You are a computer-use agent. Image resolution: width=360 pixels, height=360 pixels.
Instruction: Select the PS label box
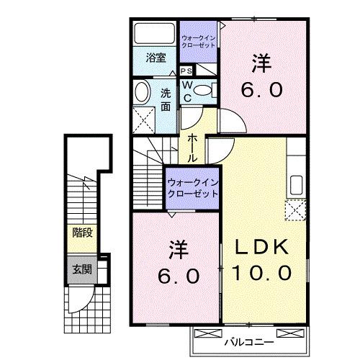(x=186, y=71)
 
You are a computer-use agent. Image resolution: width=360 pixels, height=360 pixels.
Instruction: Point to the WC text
(x=186, y=90)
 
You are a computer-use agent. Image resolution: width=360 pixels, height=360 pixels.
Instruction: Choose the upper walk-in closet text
(x=197, y=40)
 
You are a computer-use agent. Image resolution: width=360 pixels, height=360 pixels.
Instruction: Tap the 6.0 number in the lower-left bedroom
(x=177, y=276)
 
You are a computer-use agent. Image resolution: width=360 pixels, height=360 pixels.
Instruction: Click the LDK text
(x=261, y=247)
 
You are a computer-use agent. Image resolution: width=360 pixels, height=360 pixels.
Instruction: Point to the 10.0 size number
(x=261, y=273)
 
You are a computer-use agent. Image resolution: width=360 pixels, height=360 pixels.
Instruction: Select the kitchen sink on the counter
(x=294, y=183)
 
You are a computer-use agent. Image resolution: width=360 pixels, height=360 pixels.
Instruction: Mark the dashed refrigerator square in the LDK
(x=295, y=210)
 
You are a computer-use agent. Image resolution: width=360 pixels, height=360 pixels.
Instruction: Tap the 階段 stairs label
(x=81, y=233)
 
